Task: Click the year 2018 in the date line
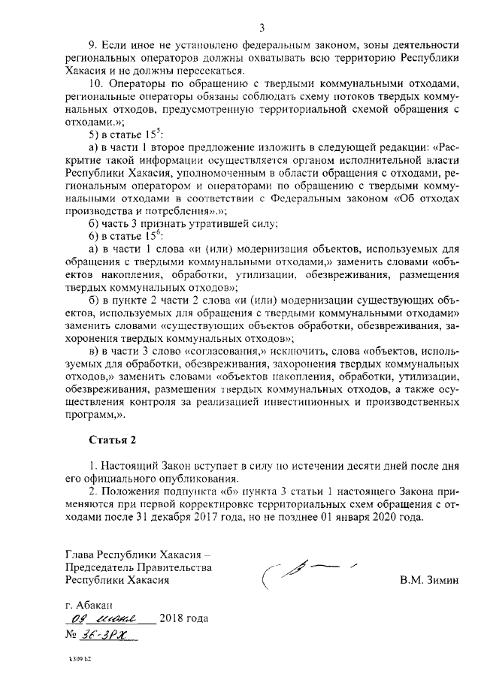(x=174, y=621)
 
